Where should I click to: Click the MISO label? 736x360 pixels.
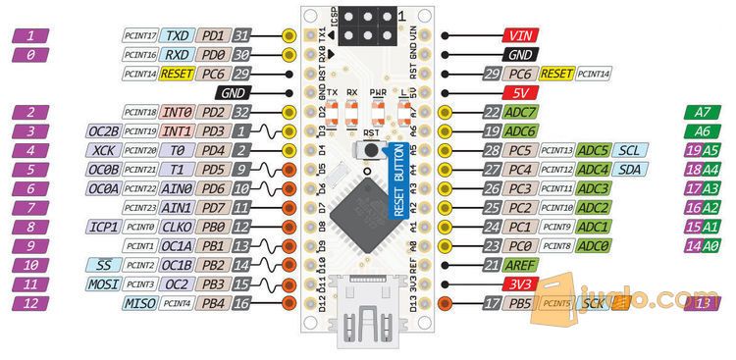pos(141,304)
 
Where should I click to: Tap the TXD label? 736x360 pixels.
pos(177,35)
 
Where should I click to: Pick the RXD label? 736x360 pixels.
pos(177,55)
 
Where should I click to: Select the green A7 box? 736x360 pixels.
pos(702,112)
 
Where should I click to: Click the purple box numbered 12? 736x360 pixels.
pos(32,304)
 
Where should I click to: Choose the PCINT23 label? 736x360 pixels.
pos(141,208)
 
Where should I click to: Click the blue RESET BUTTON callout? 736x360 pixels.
pos(398,180)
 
